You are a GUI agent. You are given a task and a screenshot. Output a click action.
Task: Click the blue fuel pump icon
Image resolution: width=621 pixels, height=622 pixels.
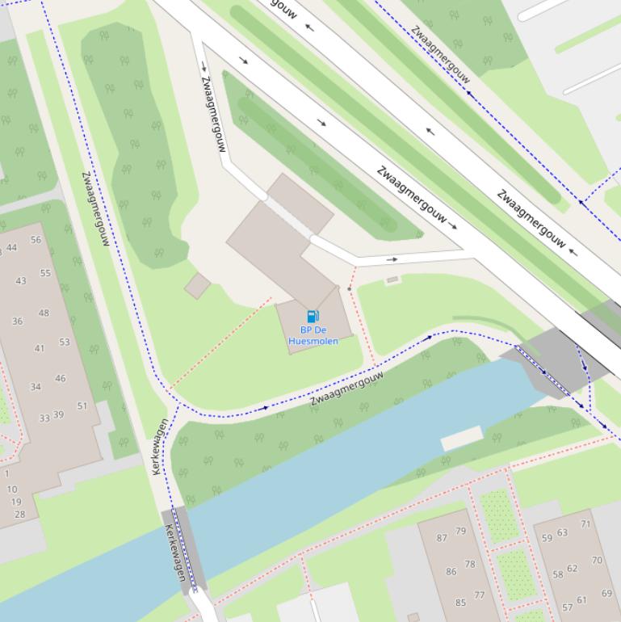(313, 316)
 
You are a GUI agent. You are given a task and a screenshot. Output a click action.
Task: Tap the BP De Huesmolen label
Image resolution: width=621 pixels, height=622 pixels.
(313, 335)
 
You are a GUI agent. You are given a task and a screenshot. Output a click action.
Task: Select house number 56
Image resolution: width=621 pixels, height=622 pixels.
(36, 240)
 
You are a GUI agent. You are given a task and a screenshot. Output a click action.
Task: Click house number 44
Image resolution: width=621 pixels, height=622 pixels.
(11, 248)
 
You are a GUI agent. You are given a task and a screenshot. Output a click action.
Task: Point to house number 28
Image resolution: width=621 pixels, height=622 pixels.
(19, 514)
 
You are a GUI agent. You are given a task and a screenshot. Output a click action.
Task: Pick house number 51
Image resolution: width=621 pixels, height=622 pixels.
(82, 406)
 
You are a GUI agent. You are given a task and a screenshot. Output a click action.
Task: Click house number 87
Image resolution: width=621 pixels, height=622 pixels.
(442, 538)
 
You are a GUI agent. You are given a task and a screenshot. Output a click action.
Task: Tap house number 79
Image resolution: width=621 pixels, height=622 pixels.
(460, 531)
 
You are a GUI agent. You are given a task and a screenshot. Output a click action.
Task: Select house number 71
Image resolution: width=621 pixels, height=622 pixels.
(585, 523)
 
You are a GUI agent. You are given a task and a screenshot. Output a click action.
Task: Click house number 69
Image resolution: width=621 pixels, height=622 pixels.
(606, 594)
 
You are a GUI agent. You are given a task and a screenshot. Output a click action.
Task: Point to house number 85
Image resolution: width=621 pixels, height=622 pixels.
(460, 602)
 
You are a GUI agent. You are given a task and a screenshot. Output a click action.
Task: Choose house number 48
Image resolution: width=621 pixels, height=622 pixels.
(44, 313)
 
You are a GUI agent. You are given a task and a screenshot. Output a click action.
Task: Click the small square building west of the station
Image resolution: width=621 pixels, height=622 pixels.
(197, 285)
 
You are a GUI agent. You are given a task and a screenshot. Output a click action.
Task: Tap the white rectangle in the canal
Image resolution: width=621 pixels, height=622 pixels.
(462, 439)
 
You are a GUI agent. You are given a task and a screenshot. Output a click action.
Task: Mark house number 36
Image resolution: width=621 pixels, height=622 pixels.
(17, 321)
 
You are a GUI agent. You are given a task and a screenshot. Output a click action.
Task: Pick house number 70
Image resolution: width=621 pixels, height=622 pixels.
(596, 560)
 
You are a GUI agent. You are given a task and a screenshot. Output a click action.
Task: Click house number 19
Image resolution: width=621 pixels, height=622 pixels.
(16, 502)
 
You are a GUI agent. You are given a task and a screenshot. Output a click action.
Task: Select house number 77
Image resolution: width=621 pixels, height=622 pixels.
(480, 595)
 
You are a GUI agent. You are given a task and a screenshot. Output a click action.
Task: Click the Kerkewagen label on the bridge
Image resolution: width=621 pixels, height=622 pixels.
(175, 553)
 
